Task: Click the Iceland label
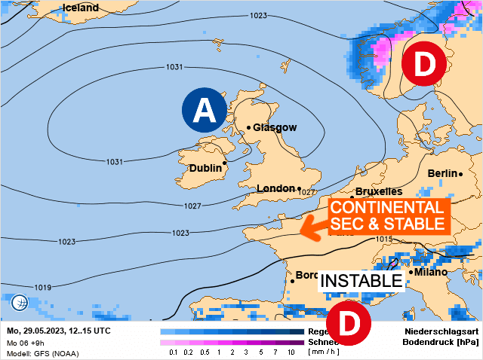pyautogui.click(x=81, y=8)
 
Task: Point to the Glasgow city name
pyautogui.click(x=275, y=128)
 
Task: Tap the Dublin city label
pyautogui.click(x=205, y=168)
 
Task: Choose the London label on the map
pyautogui.click(x=276, y=188)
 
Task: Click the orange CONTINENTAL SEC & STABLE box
pyautogui.click(x=388, y=215)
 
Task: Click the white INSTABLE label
pyautogui.click(x=361, y=281)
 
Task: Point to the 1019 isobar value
pyautogui.click(x=43, y=287)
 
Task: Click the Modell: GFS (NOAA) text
pyautogui.click(x=42, y=352)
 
